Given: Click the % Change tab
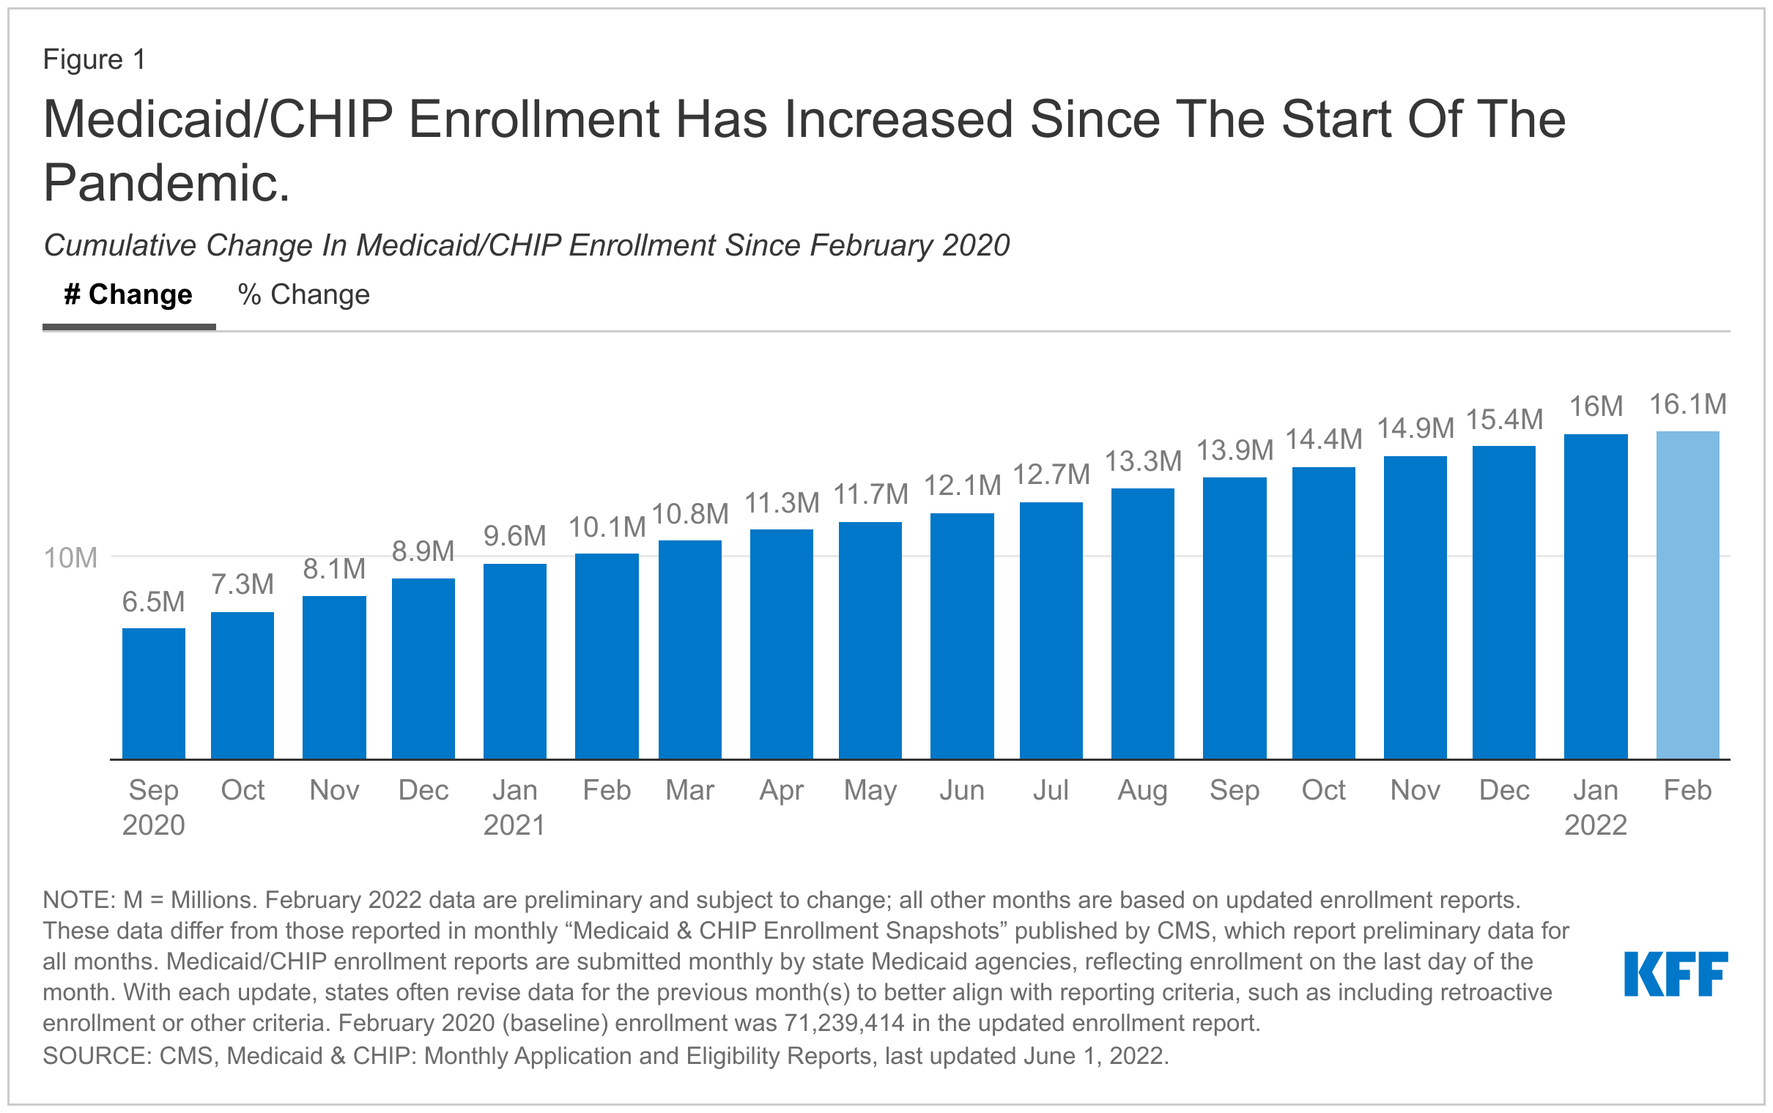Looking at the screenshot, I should pos(303,295).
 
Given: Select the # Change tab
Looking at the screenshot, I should pos(128,295).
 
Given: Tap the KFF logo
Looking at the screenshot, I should pos(1675,974).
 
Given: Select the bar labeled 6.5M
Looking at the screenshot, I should pos(153,693).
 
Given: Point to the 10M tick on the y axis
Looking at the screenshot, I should pos(70,558).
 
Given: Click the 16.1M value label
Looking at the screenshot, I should pos(1687,404).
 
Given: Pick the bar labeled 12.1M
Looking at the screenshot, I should pos(962,636).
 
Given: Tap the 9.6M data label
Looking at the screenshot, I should pos(514,536).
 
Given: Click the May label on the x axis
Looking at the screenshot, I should pos(870,791).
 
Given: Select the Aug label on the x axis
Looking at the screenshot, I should pos(1142,791).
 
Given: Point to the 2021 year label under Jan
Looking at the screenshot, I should pos(514,825).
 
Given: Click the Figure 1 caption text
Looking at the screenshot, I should pos(95,59).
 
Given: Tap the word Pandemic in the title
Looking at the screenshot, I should pos(166,182).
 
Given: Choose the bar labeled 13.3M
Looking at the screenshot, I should pos(1142,623).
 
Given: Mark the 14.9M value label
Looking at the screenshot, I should pos(1415,428).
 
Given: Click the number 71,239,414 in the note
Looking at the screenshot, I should pos(844,1023).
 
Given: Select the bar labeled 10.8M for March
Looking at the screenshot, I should pos(690,649).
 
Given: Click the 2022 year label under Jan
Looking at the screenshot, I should pos(1596,825).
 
